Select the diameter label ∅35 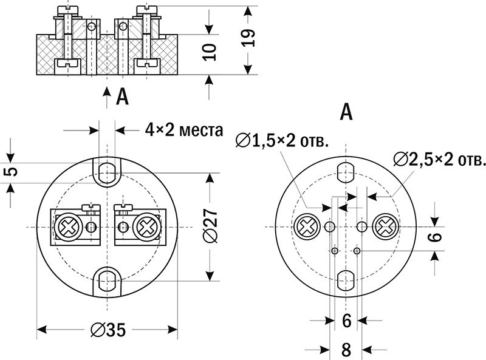pos(107,330)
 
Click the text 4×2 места pos(183,129)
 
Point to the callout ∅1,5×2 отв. pos(282,141)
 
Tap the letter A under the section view pos(122,96)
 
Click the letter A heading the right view pos(346,112)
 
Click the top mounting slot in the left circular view pos(108,170)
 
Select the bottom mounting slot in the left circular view pos(108,280)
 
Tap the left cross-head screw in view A pos(307,227)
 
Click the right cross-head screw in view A pos(385,227)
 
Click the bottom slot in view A pos(346,280)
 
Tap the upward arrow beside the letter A pos(106,96)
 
